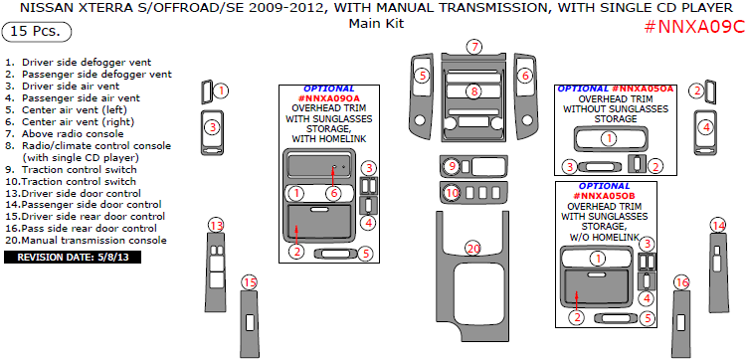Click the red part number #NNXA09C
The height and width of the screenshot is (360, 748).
[x=694, y=27]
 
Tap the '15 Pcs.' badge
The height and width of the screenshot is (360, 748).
[x=37, y=32]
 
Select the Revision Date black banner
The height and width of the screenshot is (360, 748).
[x=73, y=258]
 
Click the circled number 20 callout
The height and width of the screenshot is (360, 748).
[x=472, y=249]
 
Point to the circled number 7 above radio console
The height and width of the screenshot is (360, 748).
[x=474, y=47]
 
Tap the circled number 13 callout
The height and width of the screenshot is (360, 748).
[x=217, y=225]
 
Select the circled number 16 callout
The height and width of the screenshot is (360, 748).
[x=682, y=283]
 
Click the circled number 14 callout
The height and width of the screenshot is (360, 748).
[x=718, y=225]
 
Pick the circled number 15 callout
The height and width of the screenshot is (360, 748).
[x=250, y=282]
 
